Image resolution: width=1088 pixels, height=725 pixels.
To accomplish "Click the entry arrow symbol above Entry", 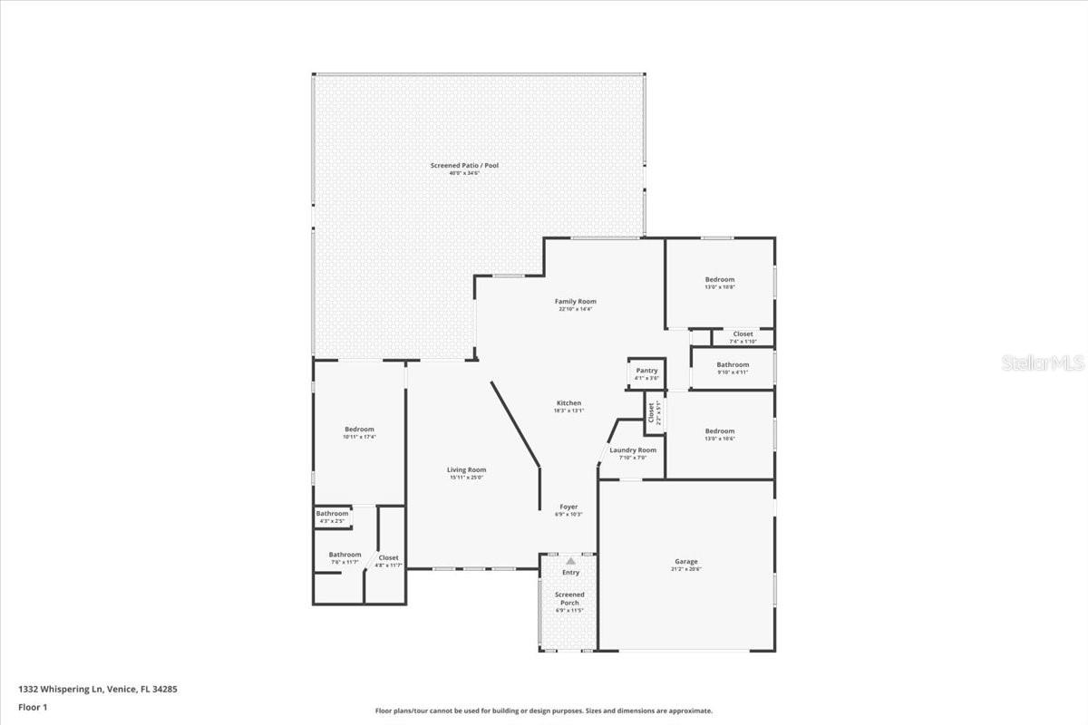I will click(570, 562).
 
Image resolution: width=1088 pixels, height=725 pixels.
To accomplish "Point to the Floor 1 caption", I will click(32, 707).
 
